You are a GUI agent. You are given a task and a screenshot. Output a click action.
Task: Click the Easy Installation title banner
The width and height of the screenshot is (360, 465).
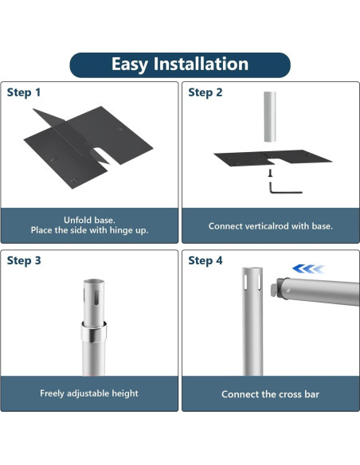(180, 65)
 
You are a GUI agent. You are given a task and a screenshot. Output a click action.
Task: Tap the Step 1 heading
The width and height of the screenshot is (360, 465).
(24, 92)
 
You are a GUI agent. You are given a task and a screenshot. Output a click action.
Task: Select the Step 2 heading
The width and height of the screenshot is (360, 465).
(205, 92)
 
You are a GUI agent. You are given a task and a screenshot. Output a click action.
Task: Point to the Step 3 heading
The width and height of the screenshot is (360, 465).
(24, 260)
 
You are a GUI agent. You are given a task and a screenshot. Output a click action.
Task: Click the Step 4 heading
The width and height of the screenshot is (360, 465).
(205, 260)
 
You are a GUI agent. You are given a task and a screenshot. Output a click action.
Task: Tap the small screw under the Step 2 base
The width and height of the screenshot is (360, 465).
(270, 173)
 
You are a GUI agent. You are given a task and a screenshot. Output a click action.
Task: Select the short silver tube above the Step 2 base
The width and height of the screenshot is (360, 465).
(270, 116)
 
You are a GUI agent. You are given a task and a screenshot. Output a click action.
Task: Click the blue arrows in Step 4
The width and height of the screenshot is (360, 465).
(308, 269)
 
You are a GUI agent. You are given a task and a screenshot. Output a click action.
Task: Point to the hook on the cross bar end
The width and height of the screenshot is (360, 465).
(274, 290)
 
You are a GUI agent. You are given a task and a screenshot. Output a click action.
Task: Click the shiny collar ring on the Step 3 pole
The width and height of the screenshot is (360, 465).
(94, 332)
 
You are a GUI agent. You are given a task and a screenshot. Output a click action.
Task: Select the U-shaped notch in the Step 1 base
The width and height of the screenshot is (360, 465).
(103, 156)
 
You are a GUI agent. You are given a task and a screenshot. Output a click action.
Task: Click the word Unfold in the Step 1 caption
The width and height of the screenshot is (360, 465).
(74, 220)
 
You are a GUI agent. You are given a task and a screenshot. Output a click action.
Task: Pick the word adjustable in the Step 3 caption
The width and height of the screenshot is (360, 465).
(88, 393)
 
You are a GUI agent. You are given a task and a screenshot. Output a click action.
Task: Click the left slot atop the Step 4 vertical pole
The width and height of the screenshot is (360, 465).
(245, 282)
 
